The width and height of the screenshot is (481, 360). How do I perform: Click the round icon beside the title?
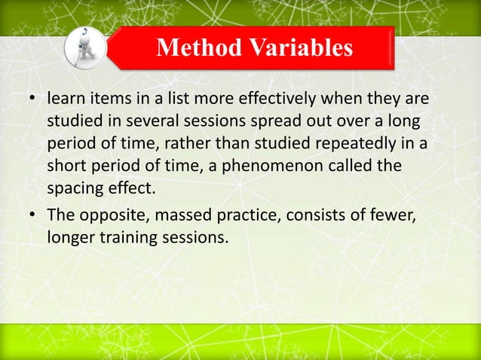(x=84, y=47)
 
